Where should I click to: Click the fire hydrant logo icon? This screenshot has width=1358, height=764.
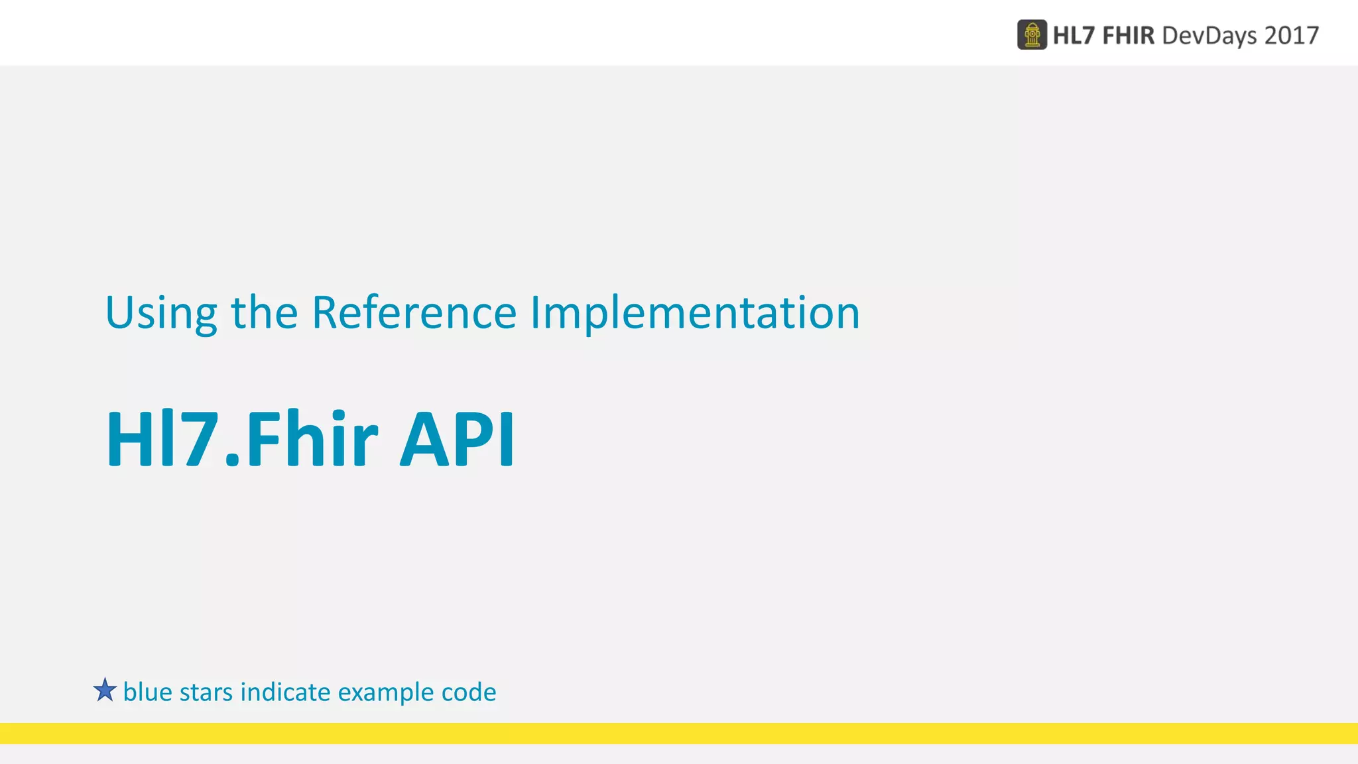click(1032, 35)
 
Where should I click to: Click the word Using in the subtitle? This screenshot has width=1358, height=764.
click(161, 313)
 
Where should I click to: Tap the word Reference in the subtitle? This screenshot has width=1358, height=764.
click(414, 313)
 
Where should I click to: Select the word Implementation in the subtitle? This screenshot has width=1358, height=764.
click(694, 313)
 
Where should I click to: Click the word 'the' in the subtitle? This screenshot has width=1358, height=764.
click(264, 313)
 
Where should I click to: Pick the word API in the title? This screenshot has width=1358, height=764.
click(457, 440)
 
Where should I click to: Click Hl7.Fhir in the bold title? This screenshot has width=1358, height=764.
click(241, 440)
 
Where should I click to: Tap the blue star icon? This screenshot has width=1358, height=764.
click(105, 690)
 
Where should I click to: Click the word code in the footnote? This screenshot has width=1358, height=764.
click(469, 692)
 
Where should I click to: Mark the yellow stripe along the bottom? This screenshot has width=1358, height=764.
click(679, 733)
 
